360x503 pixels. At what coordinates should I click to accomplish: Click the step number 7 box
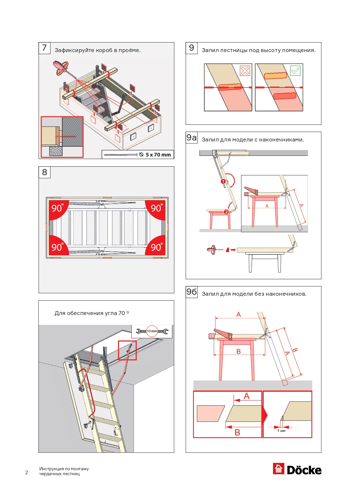[x=44, y=48]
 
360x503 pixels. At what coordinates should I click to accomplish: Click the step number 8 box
[x=45, y=172]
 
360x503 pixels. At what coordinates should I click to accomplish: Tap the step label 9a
[x=192, y=138]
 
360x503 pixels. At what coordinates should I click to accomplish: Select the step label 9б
[x=192, y=292]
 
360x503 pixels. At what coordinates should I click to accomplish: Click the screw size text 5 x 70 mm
[x=158, y=155]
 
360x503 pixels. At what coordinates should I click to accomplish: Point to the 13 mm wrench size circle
[x=152, y=331]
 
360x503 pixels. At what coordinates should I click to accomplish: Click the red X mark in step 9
[x=245, y=71]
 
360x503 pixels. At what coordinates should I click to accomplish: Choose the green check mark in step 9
[x=295, y=71]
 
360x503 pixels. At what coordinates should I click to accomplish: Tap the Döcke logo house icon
[x=278, y=469]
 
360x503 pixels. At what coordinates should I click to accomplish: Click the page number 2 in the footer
[x=27, y=472]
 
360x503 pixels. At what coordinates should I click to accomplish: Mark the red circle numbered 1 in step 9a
[x=223, y=181]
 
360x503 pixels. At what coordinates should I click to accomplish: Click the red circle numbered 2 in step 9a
[x=226, y=212]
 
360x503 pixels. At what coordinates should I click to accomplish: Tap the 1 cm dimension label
[x=281, y=431]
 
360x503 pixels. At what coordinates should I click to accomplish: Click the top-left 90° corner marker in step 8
[x=58, y=208]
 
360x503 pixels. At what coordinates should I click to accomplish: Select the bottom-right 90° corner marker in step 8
[x=156, y=247]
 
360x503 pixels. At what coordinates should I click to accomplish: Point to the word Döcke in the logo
[x=304, y=470]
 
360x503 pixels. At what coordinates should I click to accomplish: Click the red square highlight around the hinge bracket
[x=127, y=350]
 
